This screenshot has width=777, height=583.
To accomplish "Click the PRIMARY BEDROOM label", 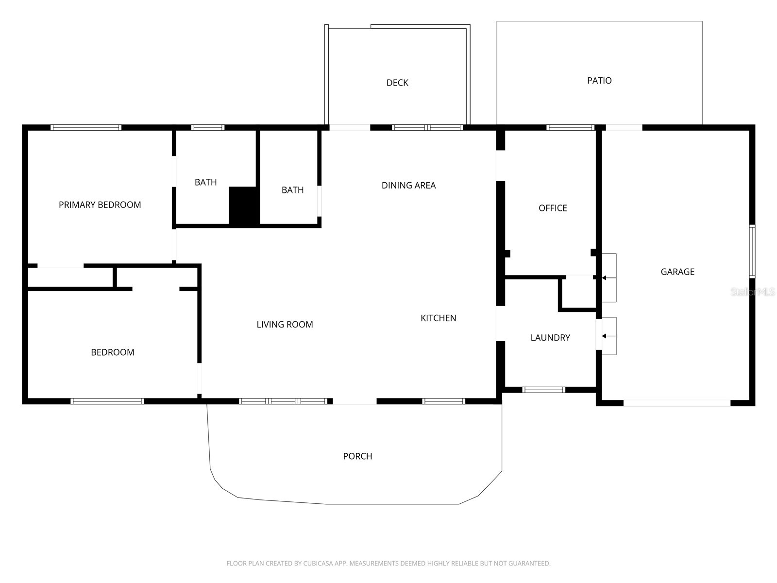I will (x=100, y=205).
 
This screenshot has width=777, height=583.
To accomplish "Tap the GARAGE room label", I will (x=677, y=272).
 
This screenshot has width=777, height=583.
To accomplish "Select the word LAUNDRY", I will (x=550, y=338).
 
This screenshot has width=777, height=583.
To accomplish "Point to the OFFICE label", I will (x=553, y=208).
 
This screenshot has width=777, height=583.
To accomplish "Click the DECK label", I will (x=397, y=83).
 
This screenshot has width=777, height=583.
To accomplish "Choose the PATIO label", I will (x=599, y=81).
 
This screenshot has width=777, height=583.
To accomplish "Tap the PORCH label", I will (x=357, y=456).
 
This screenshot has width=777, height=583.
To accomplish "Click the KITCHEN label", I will (x=438, y=318).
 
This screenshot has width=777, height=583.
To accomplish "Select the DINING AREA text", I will (x=408, y=185).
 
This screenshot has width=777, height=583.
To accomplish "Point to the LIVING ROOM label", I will (x=285, y=325).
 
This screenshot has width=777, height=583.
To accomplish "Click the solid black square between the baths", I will (x=243, y=206).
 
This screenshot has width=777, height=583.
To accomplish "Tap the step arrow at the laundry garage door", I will (x=604, y=336).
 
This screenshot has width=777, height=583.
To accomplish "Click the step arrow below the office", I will (x=604, y=278).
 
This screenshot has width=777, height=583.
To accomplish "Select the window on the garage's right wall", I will (x=752, y=251).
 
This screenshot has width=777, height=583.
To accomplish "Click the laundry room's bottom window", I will (x=543, y=390).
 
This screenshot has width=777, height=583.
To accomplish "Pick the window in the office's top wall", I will (x=570, y=128).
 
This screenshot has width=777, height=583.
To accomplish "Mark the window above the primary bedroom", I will (x=86, y=128).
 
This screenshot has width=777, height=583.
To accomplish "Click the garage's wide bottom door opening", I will (x=676, y=403).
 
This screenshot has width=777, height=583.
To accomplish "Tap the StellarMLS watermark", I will (x=753, y=292).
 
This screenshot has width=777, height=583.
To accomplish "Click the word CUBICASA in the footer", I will (x=319, y=564).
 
